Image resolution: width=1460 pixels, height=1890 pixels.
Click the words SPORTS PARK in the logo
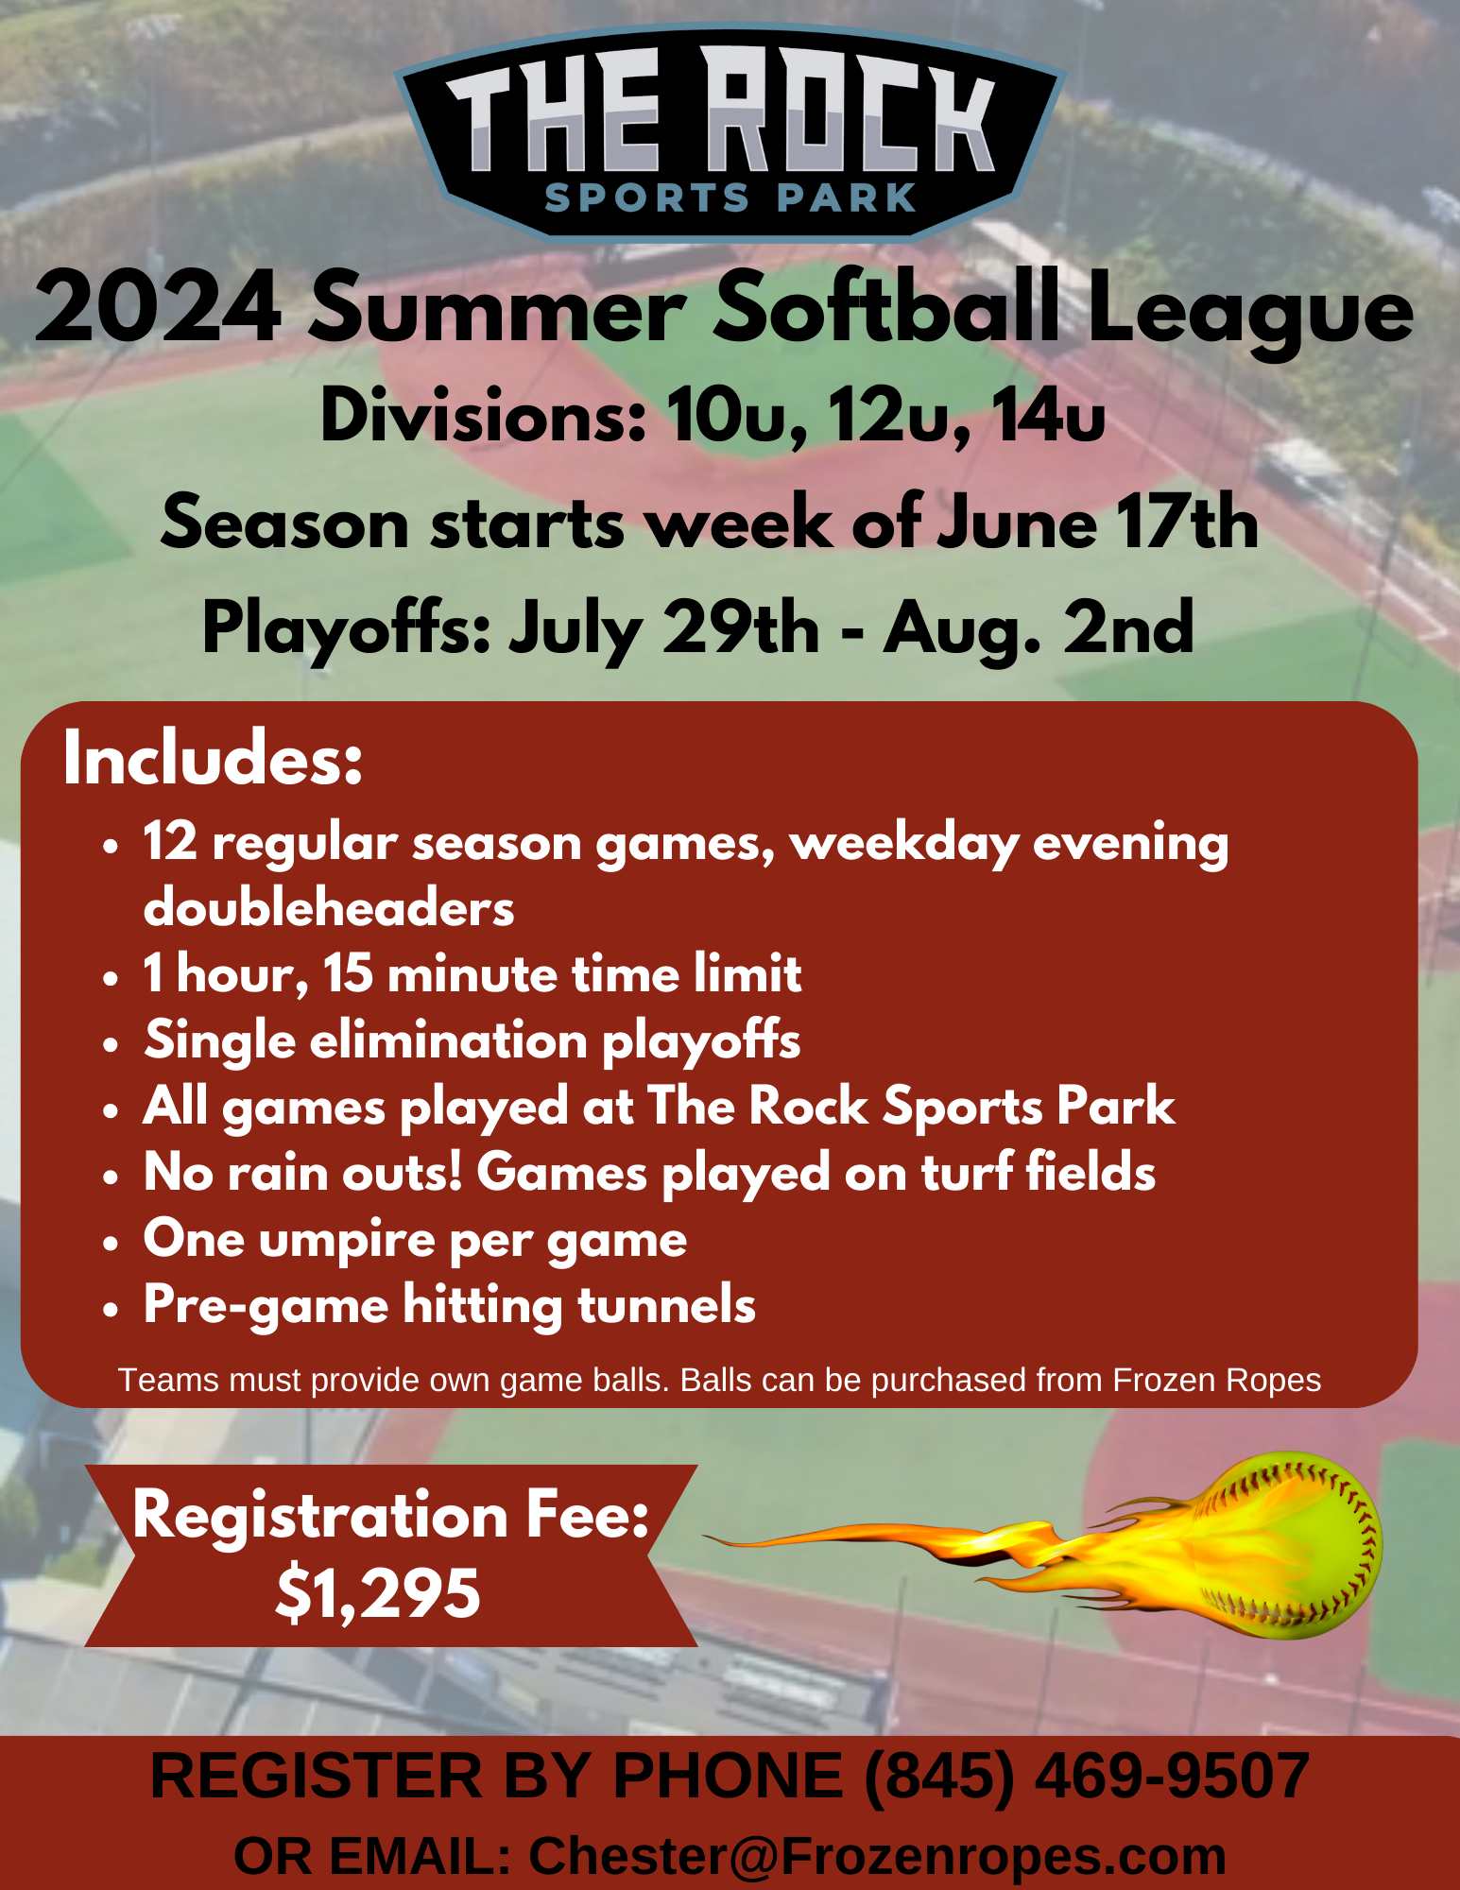pyautogui.click(x=730, y=198)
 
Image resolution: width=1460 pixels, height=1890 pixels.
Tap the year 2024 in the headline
pyautogui.click(x=159, y=307)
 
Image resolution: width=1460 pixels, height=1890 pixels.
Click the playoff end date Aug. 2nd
pyautogui.click(x=1039, y=627)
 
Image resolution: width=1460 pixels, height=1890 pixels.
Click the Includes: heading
pyautogui.click(x=213, y=759)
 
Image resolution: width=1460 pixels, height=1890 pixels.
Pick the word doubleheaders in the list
pyautogui.click(x=329, y=908)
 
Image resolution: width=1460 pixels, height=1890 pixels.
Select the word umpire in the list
pyautogui.click(x=347, y=1241)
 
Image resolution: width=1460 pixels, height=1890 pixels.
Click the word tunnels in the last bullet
pyautogui.click(x=666, y=1306)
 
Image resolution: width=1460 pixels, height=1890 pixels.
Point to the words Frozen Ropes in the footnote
pyautogui.click(x=1216, y=1381)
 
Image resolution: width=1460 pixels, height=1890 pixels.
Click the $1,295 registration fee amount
pyautogui.click(x=378, y=1594)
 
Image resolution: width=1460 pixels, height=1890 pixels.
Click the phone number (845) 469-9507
pyautogui.click(x=1087, y=1776)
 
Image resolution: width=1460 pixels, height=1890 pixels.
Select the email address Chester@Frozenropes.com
pyautogui.click(x=877, y=1856)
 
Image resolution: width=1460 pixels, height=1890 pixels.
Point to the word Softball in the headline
pyautogui.click(x=885, y=307)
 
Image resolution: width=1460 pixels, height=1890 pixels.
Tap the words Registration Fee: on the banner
pyautogui.click(x=391, y=1514)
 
